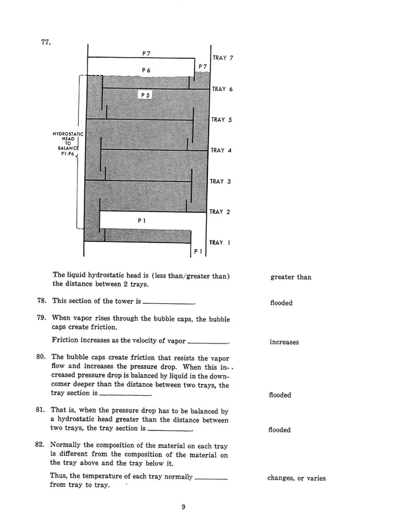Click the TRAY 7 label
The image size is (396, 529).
223,58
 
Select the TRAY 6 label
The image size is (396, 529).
222,89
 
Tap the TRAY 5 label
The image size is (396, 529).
222,120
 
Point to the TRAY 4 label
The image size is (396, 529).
222,150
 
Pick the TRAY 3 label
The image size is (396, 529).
220,181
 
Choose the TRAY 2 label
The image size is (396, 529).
220,211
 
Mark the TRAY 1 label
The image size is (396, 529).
220,242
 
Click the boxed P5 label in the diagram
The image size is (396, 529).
145,95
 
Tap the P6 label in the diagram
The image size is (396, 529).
146,70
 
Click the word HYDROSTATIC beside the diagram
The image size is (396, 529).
68,134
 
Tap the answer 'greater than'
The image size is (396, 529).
290,277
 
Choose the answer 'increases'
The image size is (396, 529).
284,342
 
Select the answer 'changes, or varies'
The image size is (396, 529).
296,478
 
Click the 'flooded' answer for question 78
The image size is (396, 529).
281,303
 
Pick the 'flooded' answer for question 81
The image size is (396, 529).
279,430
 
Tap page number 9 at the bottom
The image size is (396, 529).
184,508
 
